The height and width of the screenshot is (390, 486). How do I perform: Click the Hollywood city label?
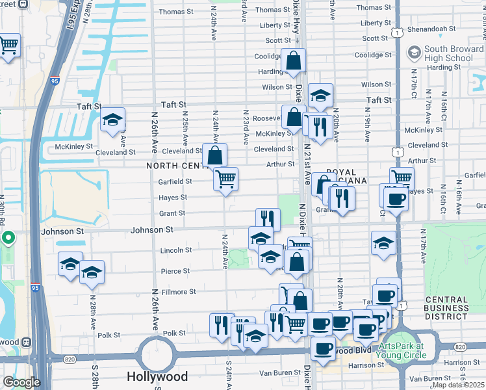157,376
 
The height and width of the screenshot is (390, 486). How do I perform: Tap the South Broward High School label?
448,54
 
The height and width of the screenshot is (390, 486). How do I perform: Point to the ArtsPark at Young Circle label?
409,351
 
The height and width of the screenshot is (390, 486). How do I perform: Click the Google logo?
21,382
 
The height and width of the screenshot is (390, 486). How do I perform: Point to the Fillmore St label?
178,292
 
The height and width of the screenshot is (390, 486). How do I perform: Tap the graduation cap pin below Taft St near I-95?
112,120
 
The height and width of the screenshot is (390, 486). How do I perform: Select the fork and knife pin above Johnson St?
267,219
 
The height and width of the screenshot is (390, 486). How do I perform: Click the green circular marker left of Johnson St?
8,238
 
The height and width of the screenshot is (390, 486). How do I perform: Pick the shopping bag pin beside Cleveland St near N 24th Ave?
214,155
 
